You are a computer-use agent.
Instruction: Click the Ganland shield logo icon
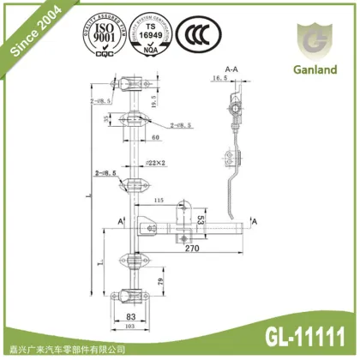tap(310, 39)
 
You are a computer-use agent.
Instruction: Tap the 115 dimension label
tap(158, 201)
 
